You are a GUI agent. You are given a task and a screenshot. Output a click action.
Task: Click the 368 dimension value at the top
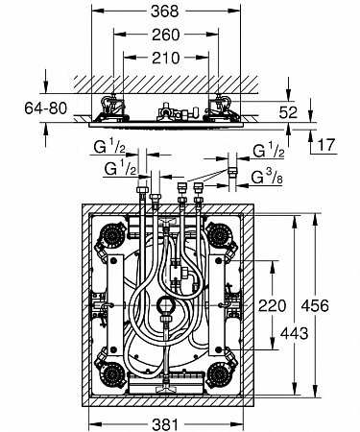point(164,12)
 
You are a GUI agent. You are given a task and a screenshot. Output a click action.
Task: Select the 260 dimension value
point(166,35)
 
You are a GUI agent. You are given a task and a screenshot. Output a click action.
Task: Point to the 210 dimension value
point(166,58)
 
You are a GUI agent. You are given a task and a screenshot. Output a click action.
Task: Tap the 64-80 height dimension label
point(46,108)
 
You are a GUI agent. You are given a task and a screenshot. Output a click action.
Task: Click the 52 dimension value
point(288,112)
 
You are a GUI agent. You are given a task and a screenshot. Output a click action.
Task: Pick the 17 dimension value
point(326,145)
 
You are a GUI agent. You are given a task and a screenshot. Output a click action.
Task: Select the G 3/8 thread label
point(267,177)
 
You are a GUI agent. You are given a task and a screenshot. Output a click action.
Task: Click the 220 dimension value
point(272,305)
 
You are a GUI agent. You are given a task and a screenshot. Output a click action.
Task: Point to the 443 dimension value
point(294,334)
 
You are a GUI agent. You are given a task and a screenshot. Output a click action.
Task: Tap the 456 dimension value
point(315,305)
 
